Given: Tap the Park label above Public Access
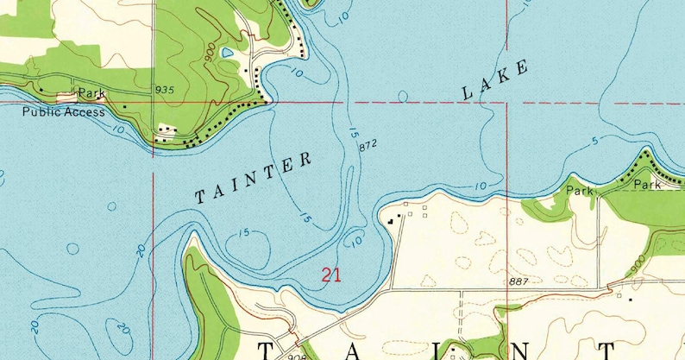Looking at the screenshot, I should (x=91, y=92).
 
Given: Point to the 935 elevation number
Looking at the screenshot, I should (x=165, y=90).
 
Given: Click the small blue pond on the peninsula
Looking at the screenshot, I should (x=227, y=53).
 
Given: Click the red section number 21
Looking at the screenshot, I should (x=330, y=276).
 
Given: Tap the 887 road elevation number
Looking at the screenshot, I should (x=518, y=282).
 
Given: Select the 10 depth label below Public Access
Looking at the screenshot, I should (x=117, y=129).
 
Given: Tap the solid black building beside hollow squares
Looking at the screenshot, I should (x=390, y=220).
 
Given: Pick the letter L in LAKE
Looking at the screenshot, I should (x=468, y=92).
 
